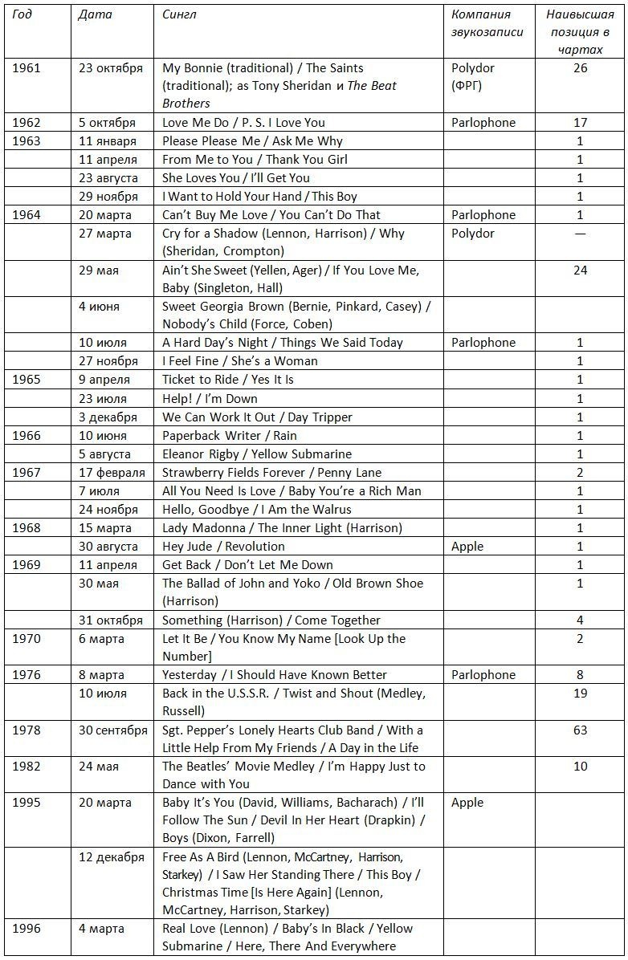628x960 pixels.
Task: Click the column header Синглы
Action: coord(179,14)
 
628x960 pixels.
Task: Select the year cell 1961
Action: coord(27,68)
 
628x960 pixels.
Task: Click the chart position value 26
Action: coord(580,68)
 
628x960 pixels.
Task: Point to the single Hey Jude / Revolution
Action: coord(212,547)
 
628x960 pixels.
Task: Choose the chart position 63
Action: coord(580,730)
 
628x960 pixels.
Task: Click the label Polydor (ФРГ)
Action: coord(473,77)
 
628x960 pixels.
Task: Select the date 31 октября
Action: coord(111,620)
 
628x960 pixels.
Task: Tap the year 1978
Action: coord(27,730)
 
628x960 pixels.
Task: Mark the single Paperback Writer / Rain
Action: coord(230,436)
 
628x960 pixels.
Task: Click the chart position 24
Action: coord(580,271)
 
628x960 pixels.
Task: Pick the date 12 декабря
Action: coord(112,857)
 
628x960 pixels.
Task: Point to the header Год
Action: coord(22,14)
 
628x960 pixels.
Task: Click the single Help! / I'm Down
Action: coord(210,399)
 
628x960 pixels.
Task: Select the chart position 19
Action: coord(580,694)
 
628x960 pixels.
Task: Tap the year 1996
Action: coord(27,929)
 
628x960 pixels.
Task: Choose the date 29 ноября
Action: coord(108,197)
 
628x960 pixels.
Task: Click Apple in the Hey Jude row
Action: coord(467,547)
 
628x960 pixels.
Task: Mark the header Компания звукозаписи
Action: coord(487,23)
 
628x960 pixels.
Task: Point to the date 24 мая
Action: coord(99,767)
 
